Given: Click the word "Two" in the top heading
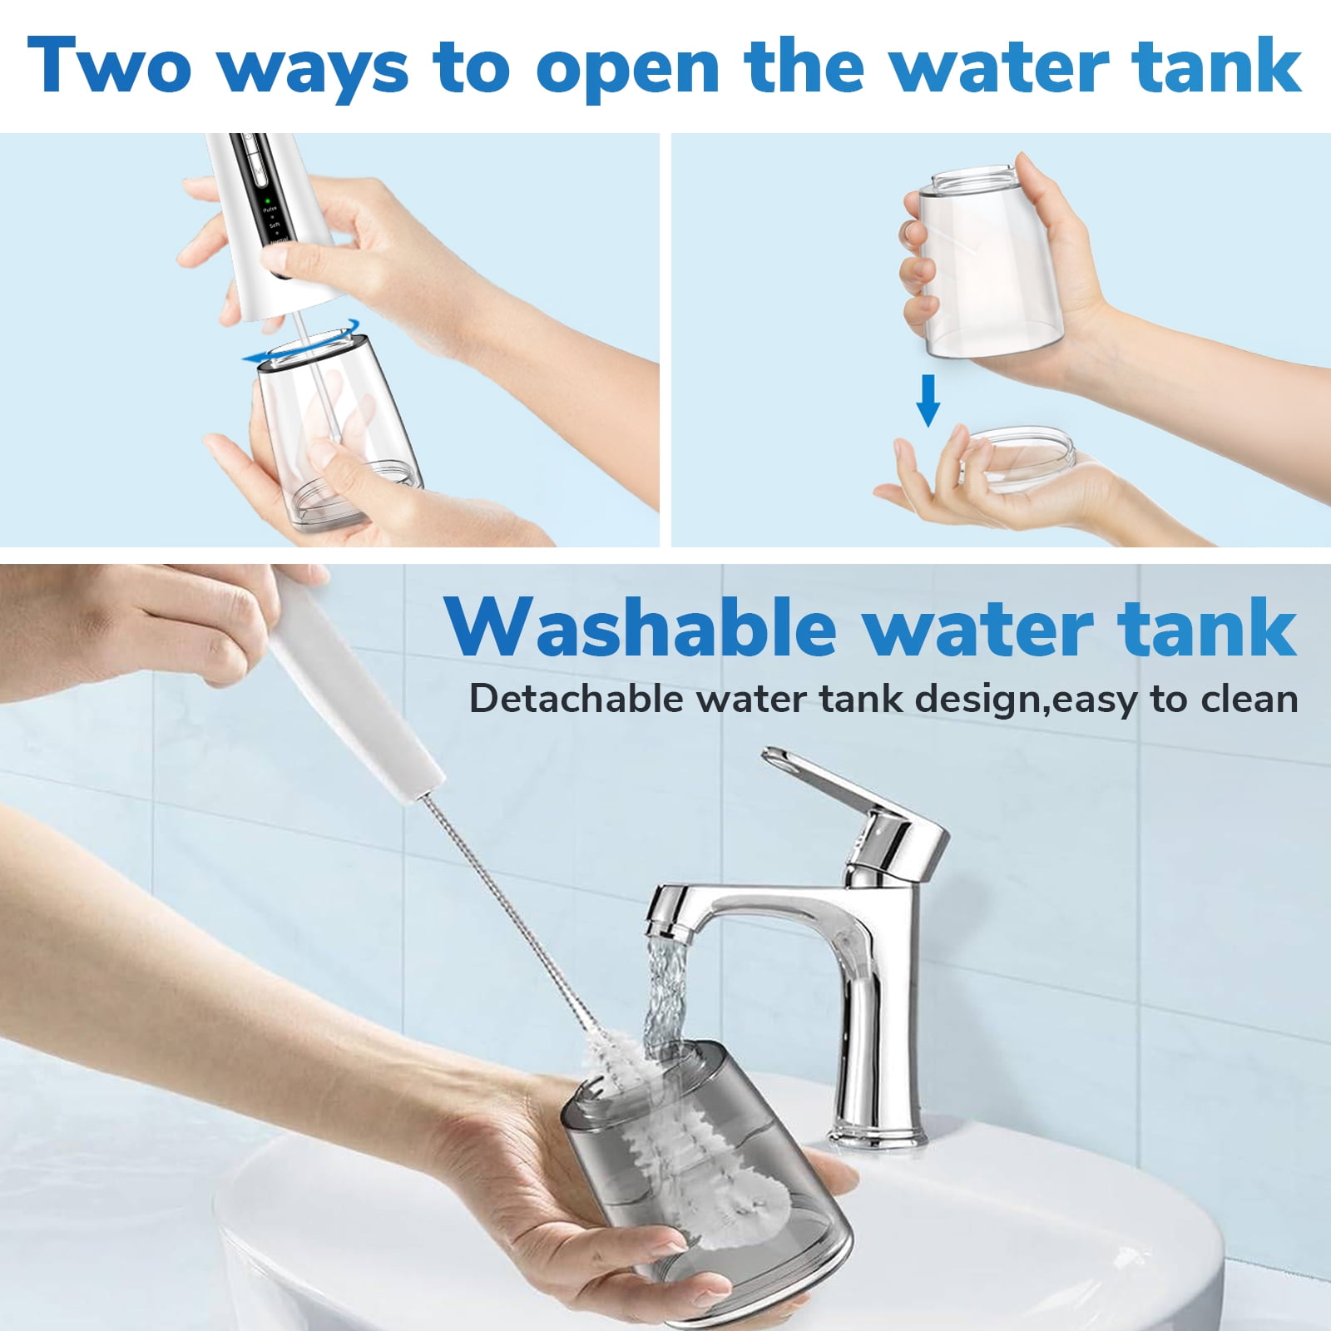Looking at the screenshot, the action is [x=109, y=66].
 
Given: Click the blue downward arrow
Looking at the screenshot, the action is [x=928, y=400].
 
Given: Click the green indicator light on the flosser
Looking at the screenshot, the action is [x=268, y=201].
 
